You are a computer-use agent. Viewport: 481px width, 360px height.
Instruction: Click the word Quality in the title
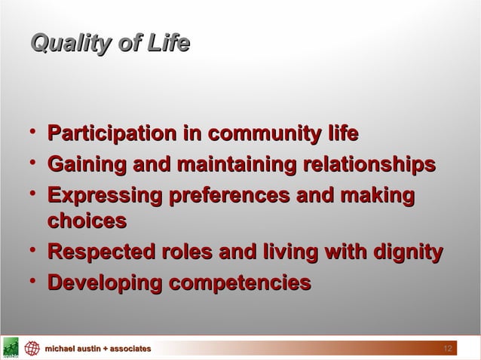[x=65, y=44]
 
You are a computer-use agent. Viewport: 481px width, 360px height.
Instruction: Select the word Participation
[x=112, y=135]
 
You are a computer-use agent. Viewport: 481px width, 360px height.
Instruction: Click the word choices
[x=86, y=221]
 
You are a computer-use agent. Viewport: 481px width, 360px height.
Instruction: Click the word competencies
[x=239, y=283]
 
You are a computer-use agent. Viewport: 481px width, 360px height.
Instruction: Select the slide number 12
[x=446, y=349]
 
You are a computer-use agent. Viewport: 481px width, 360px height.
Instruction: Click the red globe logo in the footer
[x=31, y=349]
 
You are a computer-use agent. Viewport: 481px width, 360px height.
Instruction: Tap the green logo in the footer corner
[x=10, y=349]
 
